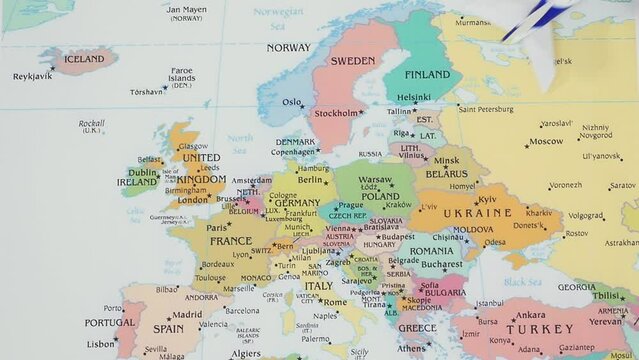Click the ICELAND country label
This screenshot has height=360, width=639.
(x=83, y=59)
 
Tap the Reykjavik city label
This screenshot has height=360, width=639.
(x=31, y=77)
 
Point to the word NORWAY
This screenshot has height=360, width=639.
(x=288, y=47)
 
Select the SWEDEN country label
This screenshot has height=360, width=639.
(x=352, y=61)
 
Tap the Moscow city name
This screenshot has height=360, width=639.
(x=546, y=141)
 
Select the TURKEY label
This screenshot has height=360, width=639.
(x=540, y=328)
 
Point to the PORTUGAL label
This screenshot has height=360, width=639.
(x=109, y=323)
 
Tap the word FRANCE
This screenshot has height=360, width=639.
(x=230, y=241)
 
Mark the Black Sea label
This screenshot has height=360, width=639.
(x=521, y=282)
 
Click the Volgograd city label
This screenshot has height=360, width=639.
(x=586, y=215)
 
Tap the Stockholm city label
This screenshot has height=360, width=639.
(x=336, y=114)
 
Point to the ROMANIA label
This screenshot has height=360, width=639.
(x=431, y=251)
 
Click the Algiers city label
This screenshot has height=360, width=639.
(x=246, y=352)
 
